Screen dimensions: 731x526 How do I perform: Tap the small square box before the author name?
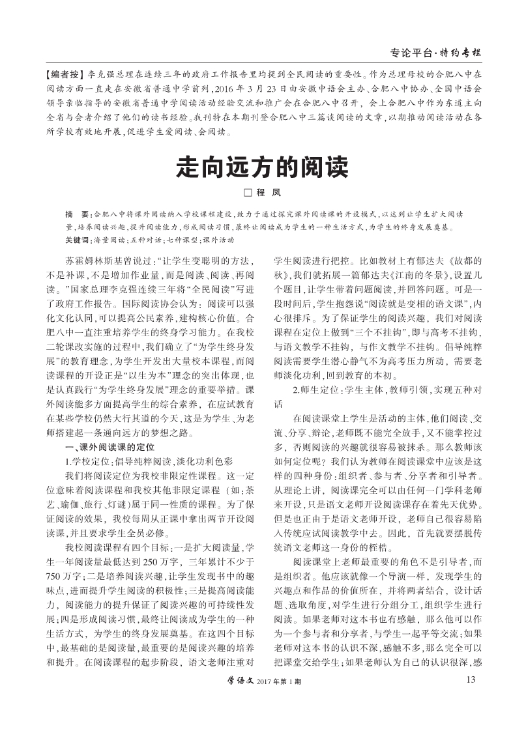[x=247, y=193]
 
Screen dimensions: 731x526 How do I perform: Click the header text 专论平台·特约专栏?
[x=436, y=51]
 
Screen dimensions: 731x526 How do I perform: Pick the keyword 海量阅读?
[x=108, y=239]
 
